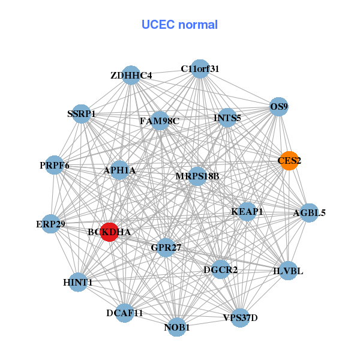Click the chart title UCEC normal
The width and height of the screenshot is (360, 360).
pyautogui.click(x=179, y=25)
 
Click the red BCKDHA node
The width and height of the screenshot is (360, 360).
pyautogui.click(x=109, y=232)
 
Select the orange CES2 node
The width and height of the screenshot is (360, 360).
pyautogui.click(x=289, y=161)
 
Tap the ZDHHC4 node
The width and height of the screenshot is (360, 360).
pyautogui.click(x=131, y=75)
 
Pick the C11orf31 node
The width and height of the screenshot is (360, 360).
pyautogui.click(x=200, y=69)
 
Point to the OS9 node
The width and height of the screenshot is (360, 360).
pyautogui.click(x=279, y=107)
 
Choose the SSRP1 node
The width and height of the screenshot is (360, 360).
pyautogui.click(x=82, y=113)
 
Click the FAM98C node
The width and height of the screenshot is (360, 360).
pyautogui.click(x=160, y=121)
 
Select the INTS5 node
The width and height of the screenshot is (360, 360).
pyautogui.click(x=227, y=118)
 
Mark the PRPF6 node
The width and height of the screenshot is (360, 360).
pyautogui.click(x=55, y=165)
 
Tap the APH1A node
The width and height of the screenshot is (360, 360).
pyautogui.click(x=119, y=170)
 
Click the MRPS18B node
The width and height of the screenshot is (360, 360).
pyautogui.click(x=197, y=176)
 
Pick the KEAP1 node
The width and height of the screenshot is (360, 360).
pyautogui.click(x=247, y=211)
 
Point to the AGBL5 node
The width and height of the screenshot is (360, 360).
pyautogui.click(x=309, y=212)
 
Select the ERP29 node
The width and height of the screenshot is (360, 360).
pyautogui.click(x=51, y=224)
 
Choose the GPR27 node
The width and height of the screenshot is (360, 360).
pyautogui.click(x=166, y=247)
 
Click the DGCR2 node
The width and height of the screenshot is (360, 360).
pyautogui.click(x=220, y=269)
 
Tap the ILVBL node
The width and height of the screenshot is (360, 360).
pyautogui.click(x=288, y=271)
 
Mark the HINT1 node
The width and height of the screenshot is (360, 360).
pyautogui.click(x=78, y=282)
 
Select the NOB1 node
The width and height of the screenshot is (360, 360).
pyautogui.click(x=176, y=327)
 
